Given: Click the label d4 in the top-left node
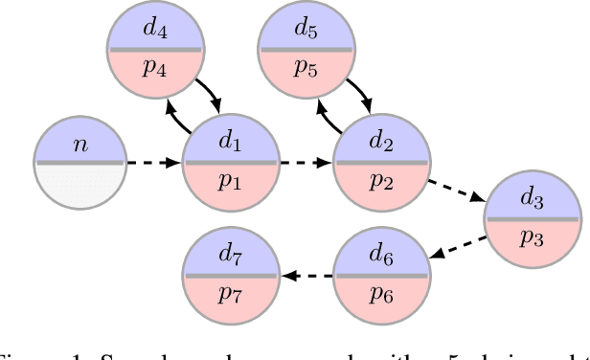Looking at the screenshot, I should point(155,30).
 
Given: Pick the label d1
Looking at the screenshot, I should point(230,145).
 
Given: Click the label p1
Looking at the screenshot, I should point(230,184).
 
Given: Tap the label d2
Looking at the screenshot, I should point(381,145).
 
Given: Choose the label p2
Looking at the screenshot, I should point(381,184).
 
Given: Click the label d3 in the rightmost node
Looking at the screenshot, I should point(533,202).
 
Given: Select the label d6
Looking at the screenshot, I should point(381,258).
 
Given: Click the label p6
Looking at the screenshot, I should point(381,296).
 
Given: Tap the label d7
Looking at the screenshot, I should point(230,258).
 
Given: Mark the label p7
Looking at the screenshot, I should point(230,296).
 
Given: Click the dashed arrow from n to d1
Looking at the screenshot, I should point(154,163).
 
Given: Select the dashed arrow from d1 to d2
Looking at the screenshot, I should point(306,163).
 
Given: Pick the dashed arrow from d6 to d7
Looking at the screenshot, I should point(306,277).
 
